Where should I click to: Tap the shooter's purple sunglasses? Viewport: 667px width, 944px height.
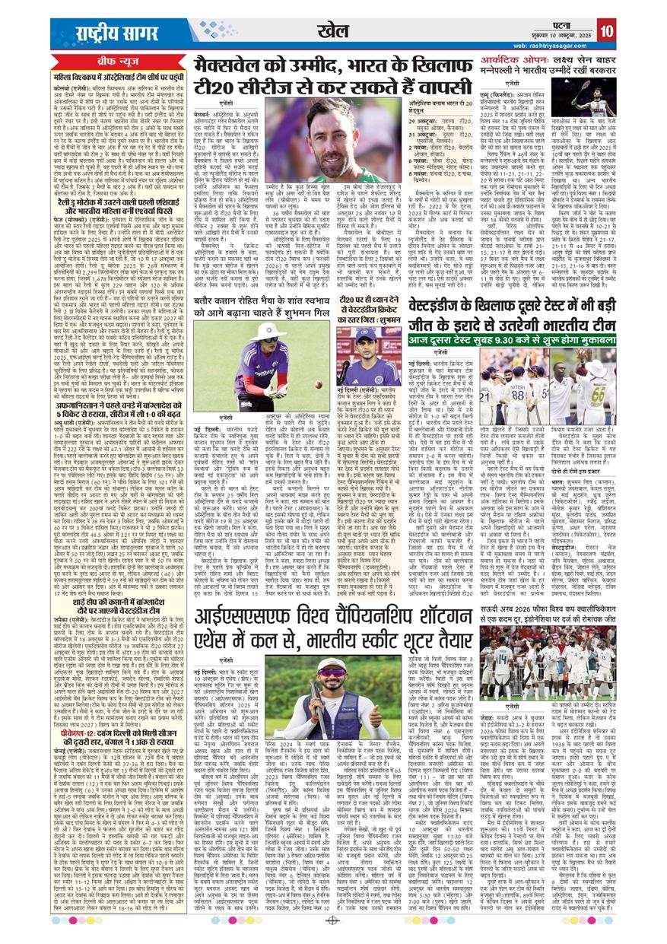tap(341, 671)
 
